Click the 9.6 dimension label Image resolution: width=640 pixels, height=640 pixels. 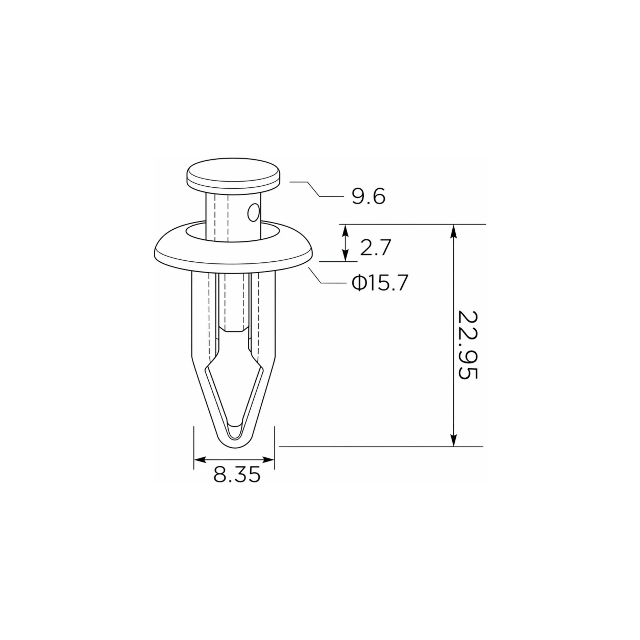point(369,197)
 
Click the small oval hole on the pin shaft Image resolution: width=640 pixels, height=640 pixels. point(254,213)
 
